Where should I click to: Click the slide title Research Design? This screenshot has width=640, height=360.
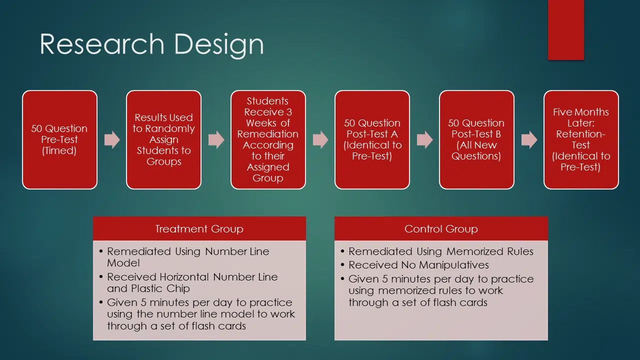(x=151, y=44)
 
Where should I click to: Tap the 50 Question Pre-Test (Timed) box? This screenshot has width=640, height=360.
(x=59, y=139)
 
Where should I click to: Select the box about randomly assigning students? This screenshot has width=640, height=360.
(x=163, y=139)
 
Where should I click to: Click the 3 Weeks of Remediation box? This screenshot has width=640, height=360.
(x=268, y=139)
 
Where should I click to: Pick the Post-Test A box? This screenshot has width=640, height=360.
(x=372, y=139)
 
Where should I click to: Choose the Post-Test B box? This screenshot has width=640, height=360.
(x=476, y=139)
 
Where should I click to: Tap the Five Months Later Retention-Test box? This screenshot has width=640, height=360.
(x=581, y=139)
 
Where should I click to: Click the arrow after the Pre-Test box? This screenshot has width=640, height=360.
(x=112, y=139)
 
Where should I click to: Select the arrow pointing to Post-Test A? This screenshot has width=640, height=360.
(x=320, y=139)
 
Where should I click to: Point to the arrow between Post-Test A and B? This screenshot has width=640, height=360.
(x=425, y=139)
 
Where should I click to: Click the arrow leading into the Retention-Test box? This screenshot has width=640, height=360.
(x=529, y=139)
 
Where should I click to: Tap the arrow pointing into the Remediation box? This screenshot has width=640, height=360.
(x=216, y=139)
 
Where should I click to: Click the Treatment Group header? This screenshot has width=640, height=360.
(x=199, y=228)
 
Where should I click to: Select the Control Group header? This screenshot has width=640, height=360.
(x=441, y=228)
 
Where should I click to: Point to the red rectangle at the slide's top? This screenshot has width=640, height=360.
(x=565, y=30)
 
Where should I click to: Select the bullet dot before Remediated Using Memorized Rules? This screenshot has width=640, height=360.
(x=342, y=251)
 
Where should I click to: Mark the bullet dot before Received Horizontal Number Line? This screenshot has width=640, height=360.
(x=101, y=277)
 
